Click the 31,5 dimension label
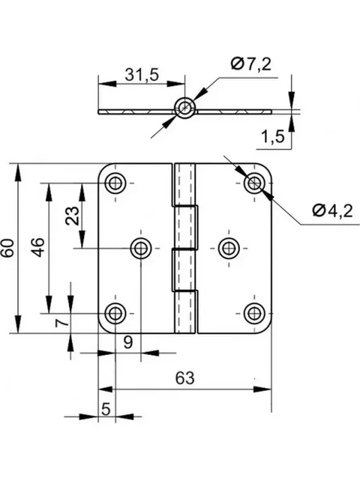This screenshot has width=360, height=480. click(x=142, y=75)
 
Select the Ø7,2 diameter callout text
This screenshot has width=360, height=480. click(x=251, y=64)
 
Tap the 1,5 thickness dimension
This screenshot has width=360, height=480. click(x=273, y=136)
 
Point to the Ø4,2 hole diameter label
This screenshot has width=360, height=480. click(x=333, y=211)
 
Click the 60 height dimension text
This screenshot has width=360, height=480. click(x=8, y=248)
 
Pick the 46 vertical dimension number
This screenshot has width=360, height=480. click(x=38, y=248)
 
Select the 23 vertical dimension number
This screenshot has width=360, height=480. click(x=73, y=216)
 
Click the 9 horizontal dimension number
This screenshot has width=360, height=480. click(x=128, y=342)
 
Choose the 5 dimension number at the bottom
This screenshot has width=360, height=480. click(x=105, y=409)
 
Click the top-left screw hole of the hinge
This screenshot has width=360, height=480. click(x=115, y=183)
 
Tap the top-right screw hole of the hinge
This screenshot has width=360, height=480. click(x=255, y=183)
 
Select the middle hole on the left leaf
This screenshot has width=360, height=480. click(x=141, y=248)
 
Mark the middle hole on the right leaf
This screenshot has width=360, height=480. click(x=229, y=248)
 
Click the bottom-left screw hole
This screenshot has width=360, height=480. click(x=115, y=313)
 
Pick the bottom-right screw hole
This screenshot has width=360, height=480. click(x=255, y=313)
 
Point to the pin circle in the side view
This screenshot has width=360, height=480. click(x=185, y=107)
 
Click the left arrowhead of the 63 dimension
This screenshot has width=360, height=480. click(x=105, y=389)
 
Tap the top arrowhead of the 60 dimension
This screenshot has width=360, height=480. click(x=18, y=172)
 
